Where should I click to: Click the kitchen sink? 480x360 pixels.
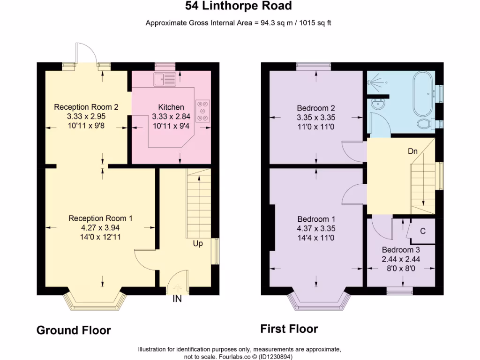[x=165, y=80]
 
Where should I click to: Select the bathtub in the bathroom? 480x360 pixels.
[x=423, y=94]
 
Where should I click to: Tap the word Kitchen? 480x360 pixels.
[x=171, y=107]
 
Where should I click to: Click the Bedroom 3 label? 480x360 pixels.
[x=401, y=250]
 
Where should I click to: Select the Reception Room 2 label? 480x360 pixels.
[x=86, y=107]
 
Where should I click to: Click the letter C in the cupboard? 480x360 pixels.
[x=423, y=231]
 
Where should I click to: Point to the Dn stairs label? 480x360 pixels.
[x=412, y=151]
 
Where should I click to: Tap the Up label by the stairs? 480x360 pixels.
[x=198, y=244]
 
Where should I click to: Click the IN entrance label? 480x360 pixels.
[x=177, y=299]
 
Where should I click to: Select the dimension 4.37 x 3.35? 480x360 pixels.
[x=316, y=229]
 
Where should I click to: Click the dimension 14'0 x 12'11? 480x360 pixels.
[x=100, y=237]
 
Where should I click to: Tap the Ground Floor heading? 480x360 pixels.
[x=74, y=330]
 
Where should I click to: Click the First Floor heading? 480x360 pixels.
[x=289, y=329]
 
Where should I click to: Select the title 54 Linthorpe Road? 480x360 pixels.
[x=239, y=6]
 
